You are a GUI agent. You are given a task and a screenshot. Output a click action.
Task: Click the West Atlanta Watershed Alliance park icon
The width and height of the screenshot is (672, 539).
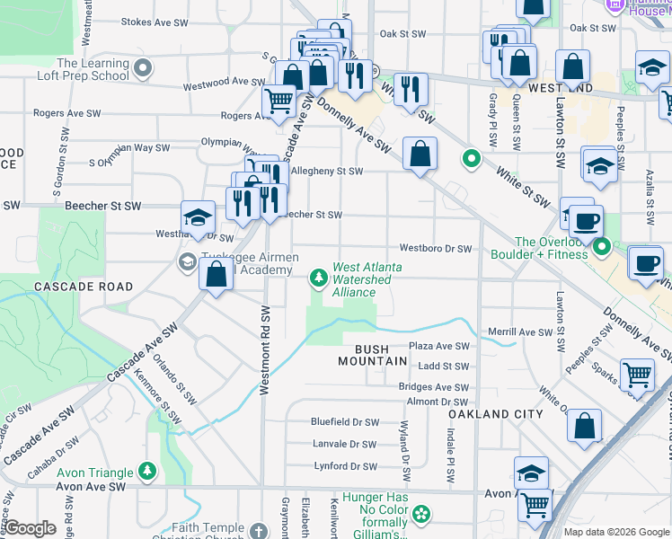(x=318, y=278)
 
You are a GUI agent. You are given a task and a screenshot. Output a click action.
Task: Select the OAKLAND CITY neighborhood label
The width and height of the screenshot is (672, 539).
(x=496, y=414)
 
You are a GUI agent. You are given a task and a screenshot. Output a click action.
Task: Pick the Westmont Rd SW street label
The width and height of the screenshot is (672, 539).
(x=265, y=350)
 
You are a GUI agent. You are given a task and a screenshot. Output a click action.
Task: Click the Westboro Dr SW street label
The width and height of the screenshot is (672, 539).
(x=436, y=248)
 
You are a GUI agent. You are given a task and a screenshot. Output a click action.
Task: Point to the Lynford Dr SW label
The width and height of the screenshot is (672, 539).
(x=345, y=466)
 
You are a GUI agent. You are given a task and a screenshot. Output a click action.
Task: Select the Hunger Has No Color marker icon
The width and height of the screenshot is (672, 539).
(x=419, y=514)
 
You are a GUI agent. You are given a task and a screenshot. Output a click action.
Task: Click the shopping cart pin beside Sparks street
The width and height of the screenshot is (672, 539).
(x=637, y=373)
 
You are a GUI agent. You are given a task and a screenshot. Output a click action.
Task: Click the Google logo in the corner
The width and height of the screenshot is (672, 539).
(x=31, y=528)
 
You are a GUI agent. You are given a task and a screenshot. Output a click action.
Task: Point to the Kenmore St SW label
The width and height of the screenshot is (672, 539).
(x=168, y=402)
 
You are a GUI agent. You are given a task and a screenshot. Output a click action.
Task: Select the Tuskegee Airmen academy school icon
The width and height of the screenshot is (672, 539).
(x=187, y=262)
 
